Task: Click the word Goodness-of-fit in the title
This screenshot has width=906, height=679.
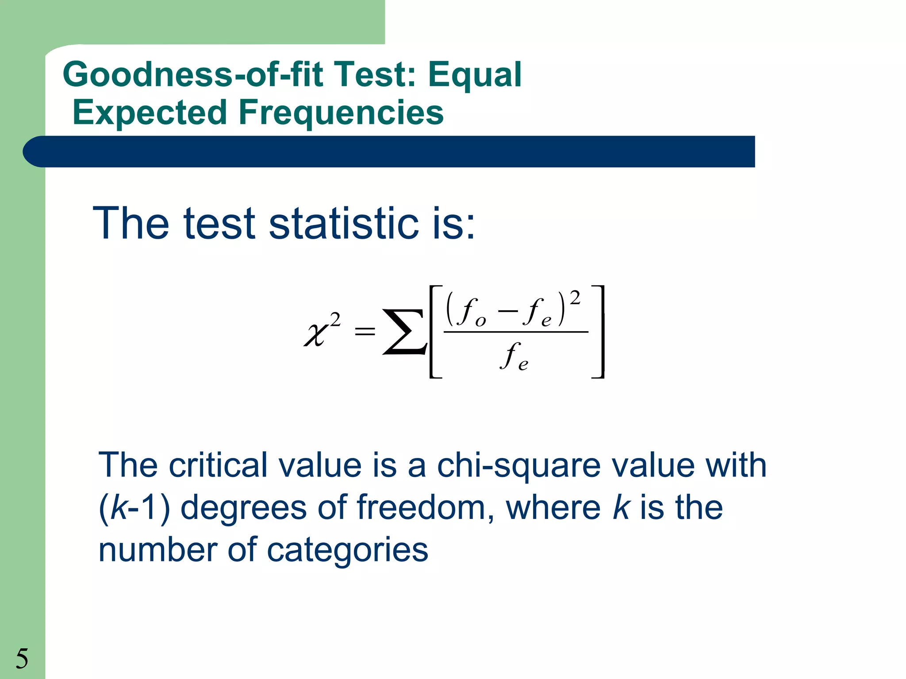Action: click(x=192, y=74)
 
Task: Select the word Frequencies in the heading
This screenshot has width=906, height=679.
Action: click(x=341, y=113)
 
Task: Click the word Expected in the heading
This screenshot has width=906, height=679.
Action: click(x=150, y=113)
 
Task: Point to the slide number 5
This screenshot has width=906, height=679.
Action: click(x=22, y=659)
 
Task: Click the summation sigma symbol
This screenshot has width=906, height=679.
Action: click(x=403, y=332)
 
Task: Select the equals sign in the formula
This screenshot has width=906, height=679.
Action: click(x=365, y=331)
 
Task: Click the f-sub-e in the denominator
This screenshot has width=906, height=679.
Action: click(x=514, y=357)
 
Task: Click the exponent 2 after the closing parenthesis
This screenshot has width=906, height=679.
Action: click(x=575, y=298)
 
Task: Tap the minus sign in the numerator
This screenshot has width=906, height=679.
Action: click(x=507, y=310)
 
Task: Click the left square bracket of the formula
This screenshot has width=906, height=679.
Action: click(x=435, y=332)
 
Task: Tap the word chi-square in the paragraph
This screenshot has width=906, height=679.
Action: click(x=519, y=466)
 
